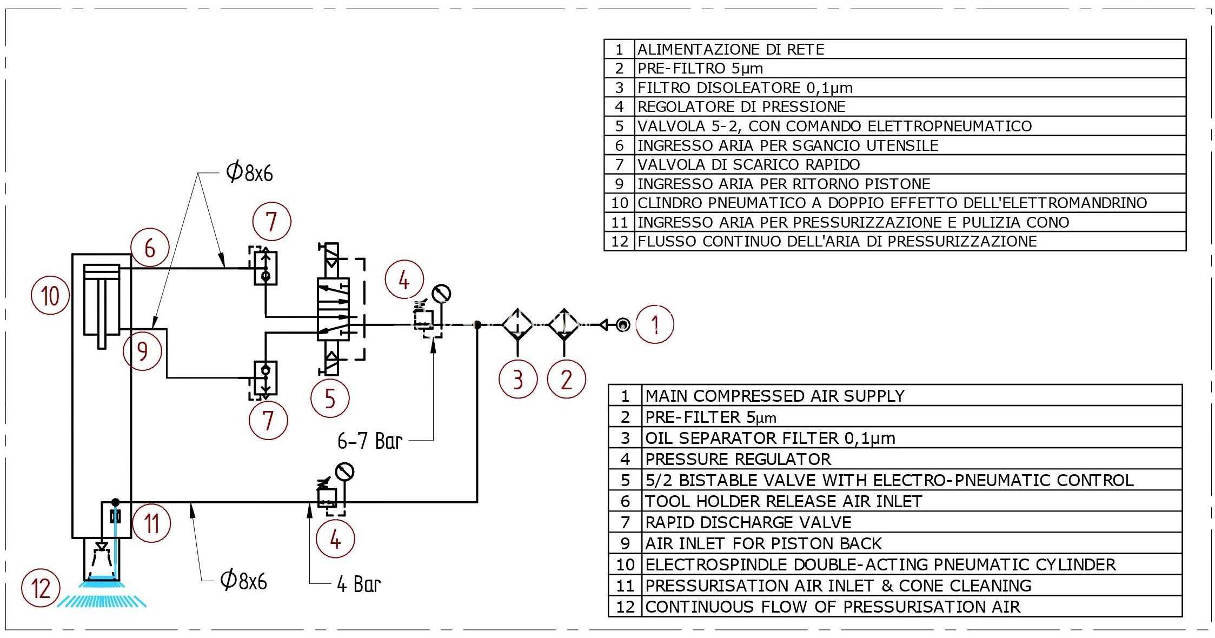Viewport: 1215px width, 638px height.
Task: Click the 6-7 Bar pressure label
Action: pyautogui.click(x=370, y=441)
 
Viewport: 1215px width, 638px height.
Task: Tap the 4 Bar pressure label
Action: pyautogui.click(x=359, y=584)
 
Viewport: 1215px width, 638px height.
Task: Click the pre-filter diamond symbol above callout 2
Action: pyautogui.click(x=564, y=325)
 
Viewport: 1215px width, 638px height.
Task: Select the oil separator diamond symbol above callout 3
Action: pyautogui.click(x=517, y=325)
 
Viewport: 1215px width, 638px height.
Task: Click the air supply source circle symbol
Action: pyautogui.click(x=622, y=325)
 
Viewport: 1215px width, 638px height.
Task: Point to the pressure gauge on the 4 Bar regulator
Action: pyautogui.click(x=344, y=472)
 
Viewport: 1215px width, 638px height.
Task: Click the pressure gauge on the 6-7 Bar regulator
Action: pyautogui.click(x=442, y=294)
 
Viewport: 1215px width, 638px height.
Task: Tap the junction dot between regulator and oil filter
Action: pyautogui.click(x=477, y=325)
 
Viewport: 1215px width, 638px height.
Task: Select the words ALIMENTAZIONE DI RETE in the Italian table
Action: pyautogui.click(x=731, y=50)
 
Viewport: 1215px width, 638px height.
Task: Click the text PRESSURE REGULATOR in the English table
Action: pyautogui.click(x=738, y=459)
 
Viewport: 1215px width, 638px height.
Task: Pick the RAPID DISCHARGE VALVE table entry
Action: pyautogui.click(x=748, y=522)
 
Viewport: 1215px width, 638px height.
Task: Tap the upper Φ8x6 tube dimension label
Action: pyautogui.click(x=249, y=172)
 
